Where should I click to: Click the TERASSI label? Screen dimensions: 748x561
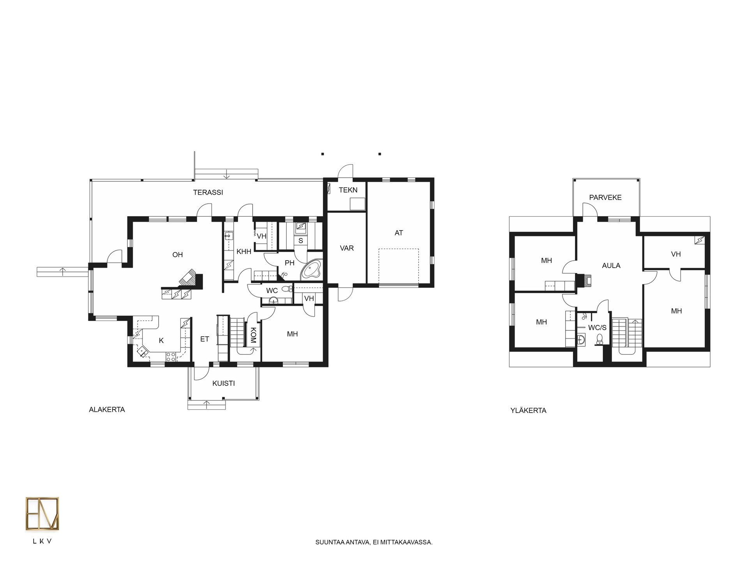coord(208,192)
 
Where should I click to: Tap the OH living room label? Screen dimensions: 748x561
coord(178,255)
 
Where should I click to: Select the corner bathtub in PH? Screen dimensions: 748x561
coord(311,270)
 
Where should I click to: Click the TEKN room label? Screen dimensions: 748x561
coord(348,190)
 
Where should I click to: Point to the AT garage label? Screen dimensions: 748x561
coord(399,233)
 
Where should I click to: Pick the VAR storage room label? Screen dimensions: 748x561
coord(347,248)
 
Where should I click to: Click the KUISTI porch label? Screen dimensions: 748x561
coord(224,383)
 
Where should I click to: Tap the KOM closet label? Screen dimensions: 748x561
coord(253,335)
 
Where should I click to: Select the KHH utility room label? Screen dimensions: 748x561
coord(244,252)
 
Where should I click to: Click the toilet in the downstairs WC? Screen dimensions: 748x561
coord(288,289)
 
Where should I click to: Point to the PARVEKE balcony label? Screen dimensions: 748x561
coord(605,198)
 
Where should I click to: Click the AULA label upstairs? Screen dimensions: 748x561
coord(611,266)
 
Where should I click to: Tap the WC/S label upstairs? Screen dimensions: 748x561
coord(597,328)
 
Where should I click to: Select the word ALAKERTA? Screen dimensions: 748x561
coord(107,410)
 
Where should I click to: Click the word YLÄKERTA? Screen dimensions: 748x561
coord(528,410)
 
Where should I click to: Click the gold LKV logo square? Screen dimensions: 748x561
coord(42,514)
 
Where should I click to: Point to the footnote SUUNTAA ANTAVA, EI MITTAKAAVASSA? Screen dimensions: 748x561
coord(374,542)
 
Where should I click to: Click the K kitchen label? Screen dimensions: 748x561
coord(161,341)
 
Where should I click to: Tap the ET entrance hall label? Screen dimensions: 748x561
coord(205,339)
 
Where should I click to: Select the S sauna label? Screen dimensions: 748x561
coord(301,241)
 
